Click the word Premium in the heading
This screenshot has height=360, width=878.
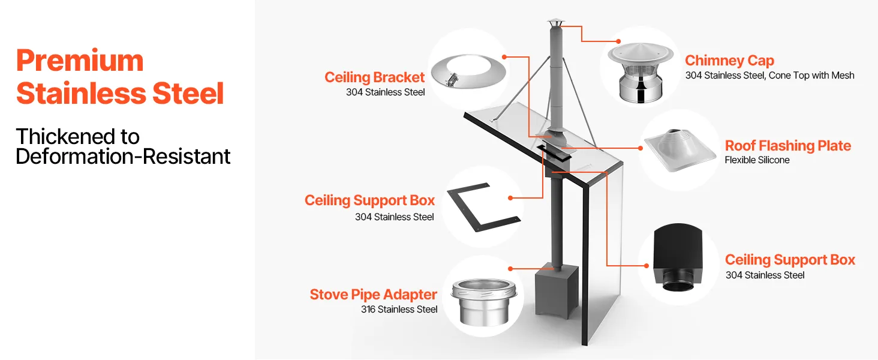pos(80,61)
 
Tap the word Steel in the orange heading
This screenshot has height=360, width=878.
pos(188,94)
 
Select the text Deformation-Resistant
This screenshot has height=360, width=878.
pos(123,157)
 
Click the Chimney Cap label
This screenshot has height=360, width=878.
pos(729,61)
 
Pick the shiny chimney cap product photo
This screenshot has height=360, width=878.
pos(641,72)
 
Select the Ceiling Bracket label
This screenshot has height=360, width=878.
pos(374,77)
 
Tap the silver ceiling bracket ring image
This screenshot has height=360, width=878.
pos(468,71)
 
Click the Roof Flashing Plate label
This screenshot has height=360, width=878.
pos(788,145)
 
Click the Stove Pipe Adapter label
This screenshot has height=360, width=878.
pos(373,295)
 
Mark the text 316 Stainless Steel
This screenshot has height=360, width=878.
pos(399,310)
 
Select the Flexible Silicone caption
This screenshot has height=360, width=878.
pos(757,160)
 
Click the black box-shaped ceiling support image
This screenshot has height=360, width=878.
pos(678,257)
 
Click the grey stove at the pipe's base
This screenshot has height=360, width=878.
pos(557,293)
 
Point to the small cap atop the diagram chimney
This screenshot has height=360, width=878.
pos(555,23)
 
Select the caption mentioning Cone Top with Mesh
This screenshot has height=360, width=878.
pos(770,76)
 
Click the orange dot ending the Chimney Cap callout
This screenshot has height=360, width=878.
pos(618,41)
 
